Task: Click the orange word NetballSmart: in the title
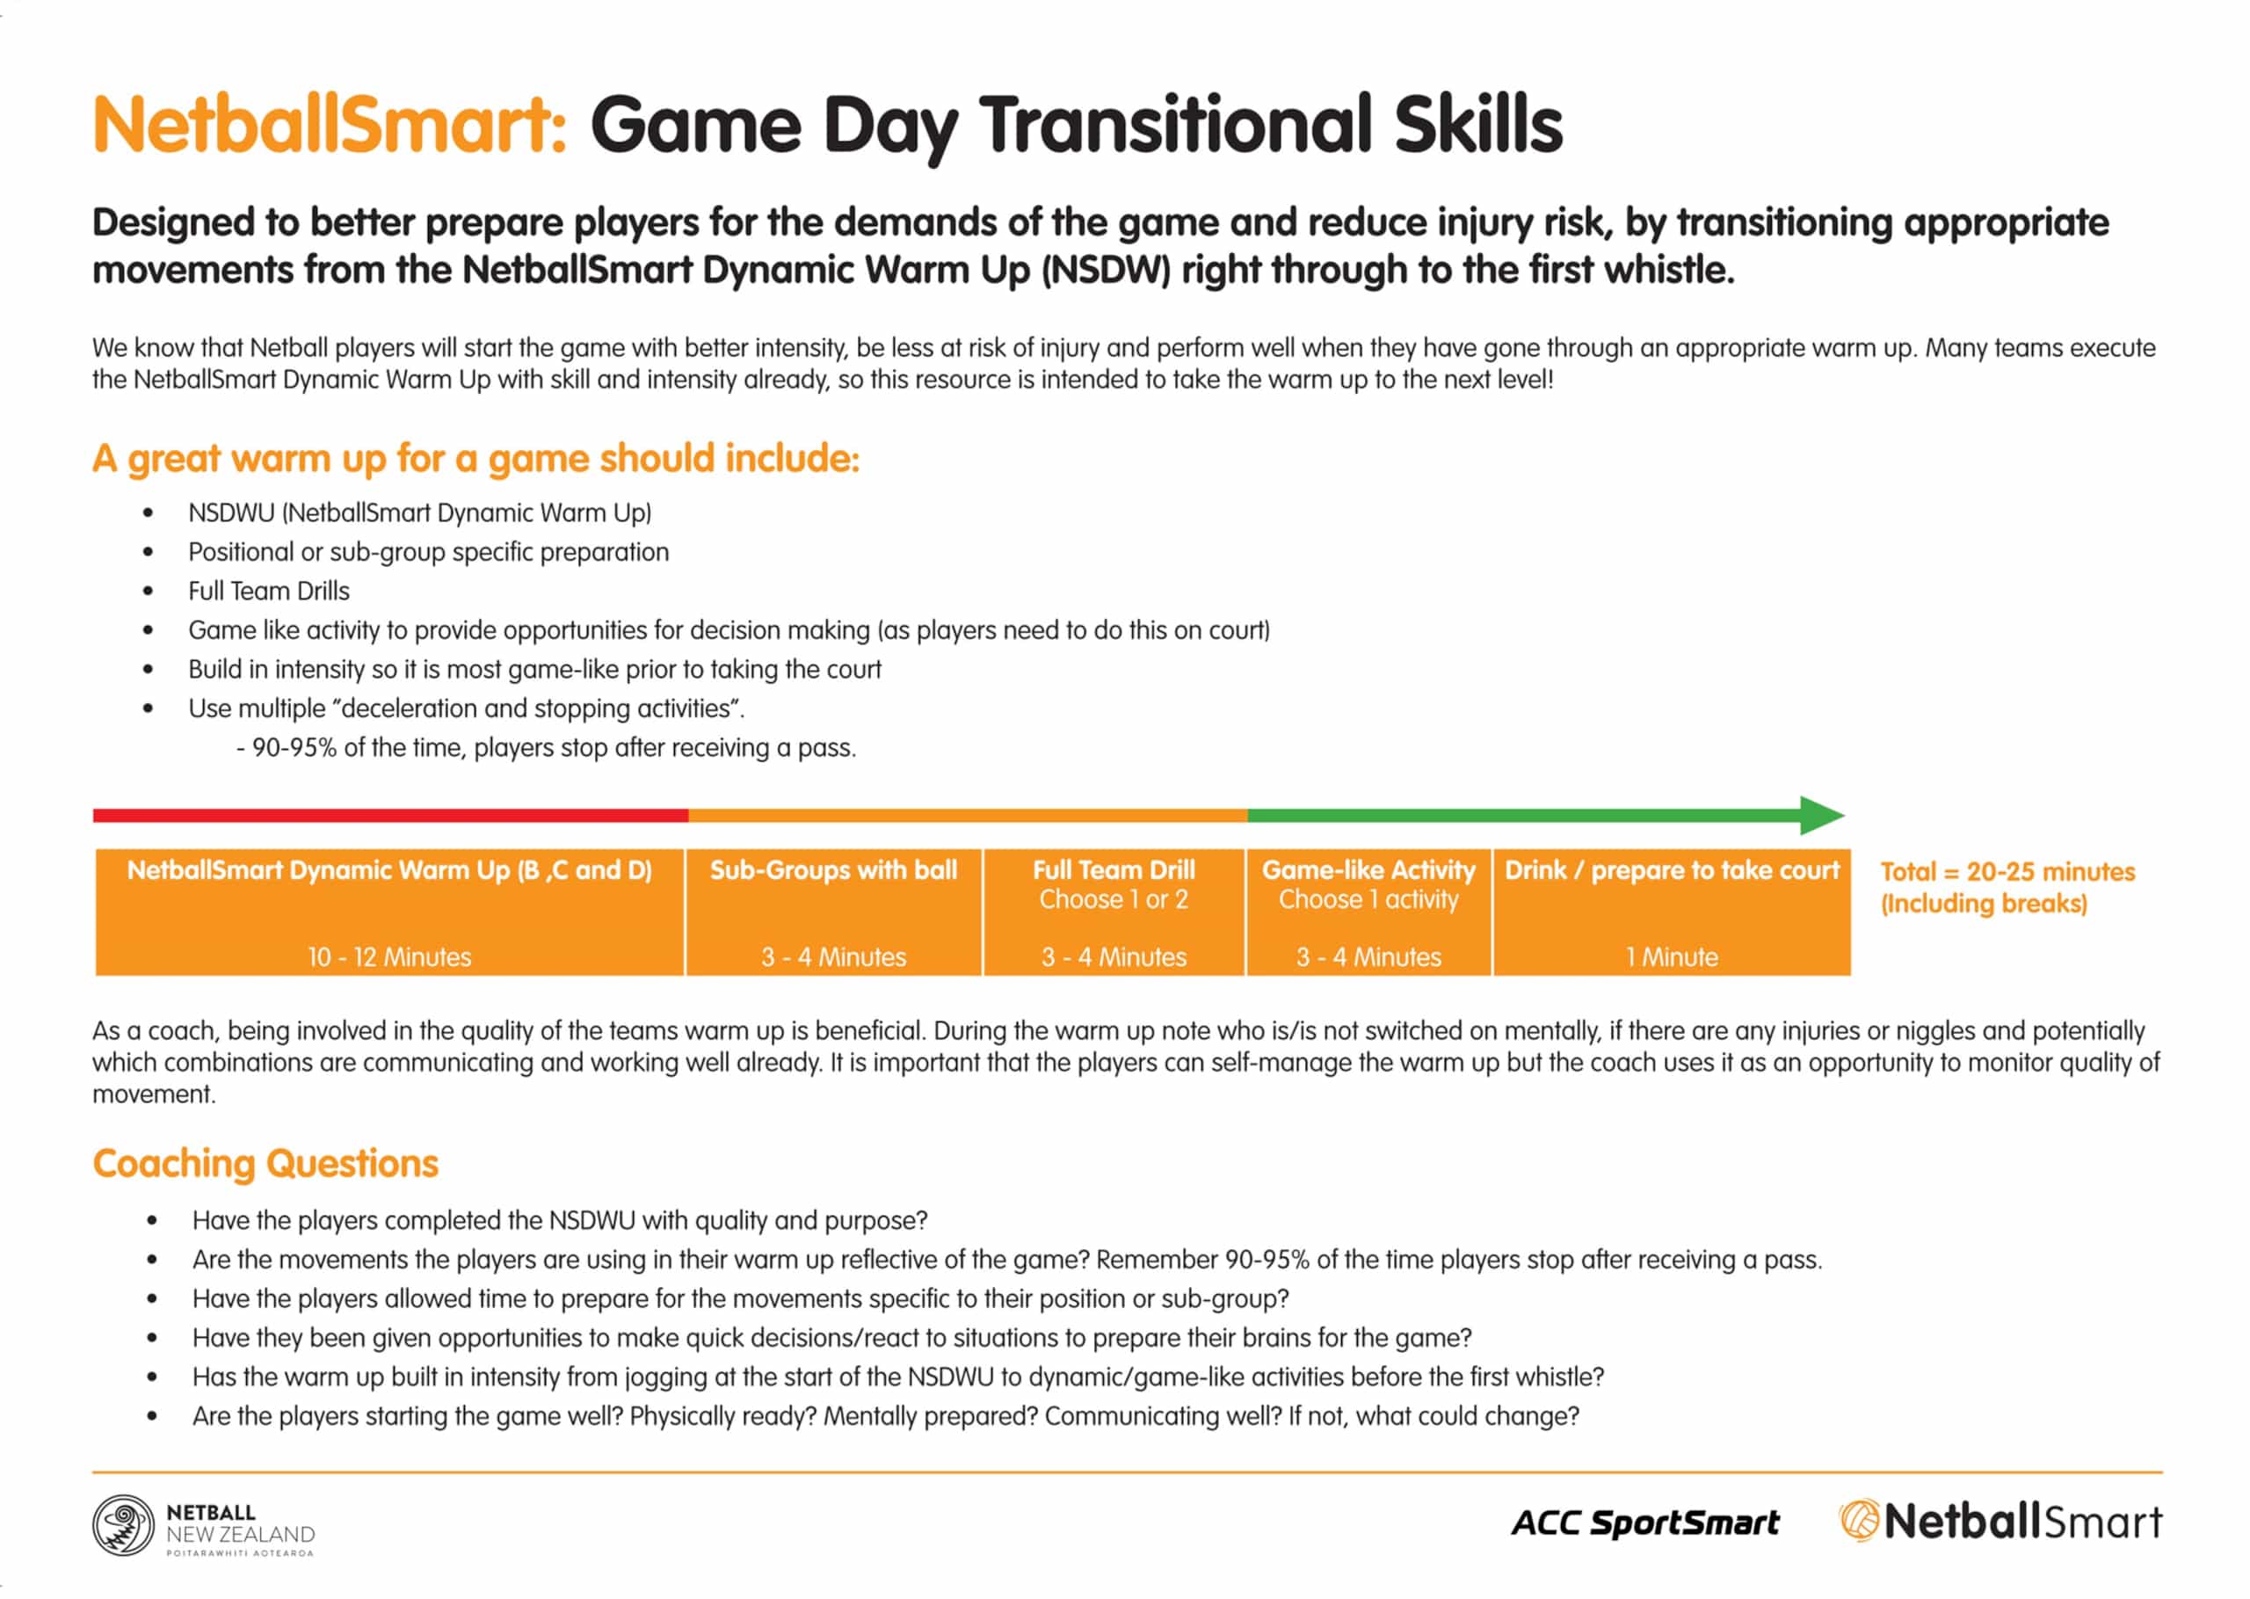[330, 124]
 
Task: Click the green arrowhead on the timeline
[1822, 815]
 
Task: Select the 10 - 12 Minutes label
[389, 957]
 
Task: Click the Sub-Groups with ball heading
[834, 870]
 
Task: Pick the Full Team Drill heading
[1114, 870]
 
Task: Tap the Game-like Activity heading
[1369, 870]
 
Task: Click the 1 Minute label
[1672, 957]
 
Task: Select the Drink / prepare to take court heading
[1672, 870]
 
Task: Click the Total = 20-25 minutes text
[2008, 872]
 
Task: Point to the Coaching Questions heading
[265, 1164]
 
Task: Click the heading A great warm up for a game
[476, 459]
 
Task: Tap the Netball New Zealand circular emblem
[123, 1525]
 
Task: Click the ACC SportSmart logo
[1645, 1523]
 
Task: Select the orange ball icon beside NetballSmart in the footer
[1859, 1522]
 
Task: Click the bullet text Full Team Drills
[269, 591]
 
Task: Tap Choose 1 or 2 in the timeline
[1114, 900]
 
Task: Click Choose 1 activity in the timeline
[1369, 900]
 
